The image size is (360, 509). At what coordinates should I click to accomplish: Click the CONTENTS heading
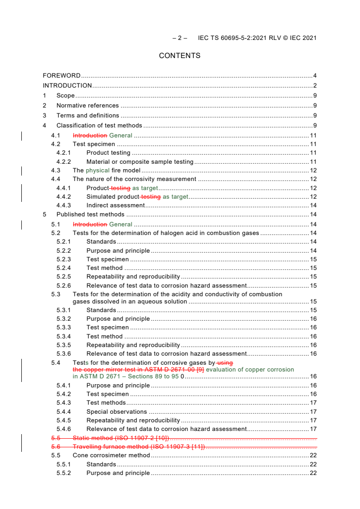tap(179, 56)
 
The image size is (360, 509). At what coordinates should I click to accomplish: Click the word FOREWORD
tap(62, 76)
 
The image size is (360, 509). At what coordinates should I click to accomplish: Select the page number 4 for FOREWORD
tap(315, 76)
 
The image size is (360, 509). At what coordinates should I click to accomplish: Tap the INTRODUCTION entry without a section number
tap(67, 86)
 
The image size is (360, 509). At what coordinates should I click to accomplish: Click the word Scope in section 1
tap(65, 96)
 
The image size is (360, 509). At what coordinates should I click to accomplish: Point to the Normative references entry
tap(88, 106)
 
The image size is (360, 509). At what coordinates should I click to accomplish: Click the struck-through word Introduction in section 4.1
tap(90, 136)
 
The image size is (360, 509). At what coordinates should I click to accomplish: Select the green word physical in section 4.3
tap(98, 171)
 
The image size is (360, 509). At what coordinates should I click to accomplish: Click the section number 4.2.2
tap(64, 162)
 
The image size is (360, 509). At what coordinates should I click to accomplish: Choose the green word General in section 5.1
tap(121, 224)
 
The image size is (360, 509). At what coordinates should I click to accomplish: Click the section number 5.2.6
tap(64, 286)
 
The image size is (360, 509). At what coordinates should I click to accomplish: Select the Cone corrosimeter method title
tap(111, 455)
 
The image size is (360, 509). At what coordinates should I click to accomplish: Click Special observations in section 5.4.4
tap(117, 412)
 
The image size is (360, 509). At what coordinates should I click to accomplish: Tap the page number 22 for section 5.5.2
tap(313, 473)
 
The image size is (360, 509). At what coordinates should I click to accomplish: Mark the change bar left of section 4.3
tap(22, 171)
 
